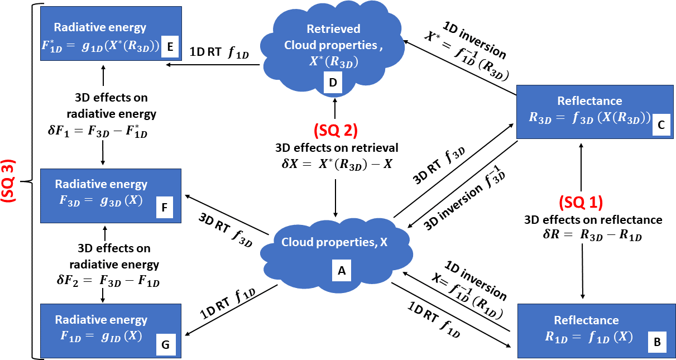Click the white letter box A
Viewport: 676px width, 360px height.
[x=341, y=271]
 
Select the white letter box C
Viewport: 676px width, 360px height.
[x=660, y=126]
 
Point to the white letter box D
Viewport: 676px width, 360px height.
[x=333, y=83]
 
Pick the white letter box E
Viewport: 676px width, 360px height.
[x=169, y=47]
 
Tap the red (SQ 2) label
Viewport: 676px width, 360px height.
[x=335, y=130]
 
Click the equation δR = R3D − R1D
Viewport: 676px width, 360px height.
[x=593, y=236]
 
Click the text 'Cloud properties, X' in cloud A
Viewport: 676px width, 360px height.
[x=334, y=242]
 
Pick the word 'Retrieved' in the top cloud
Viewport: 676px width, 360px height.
[x=334, y=28]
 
